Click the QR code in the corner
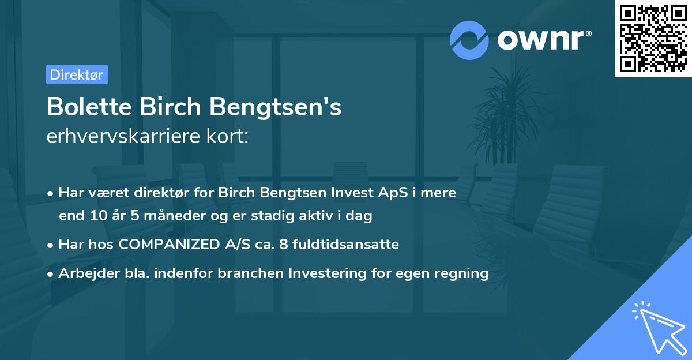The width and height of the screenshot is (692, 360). (653, 39)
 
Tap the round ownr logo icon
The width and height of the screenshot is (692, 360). (469, 40)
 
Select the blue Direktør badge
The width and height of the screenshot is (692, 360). (77, 74)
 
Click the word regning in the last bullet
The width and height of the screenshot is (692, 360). (465, 273)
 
